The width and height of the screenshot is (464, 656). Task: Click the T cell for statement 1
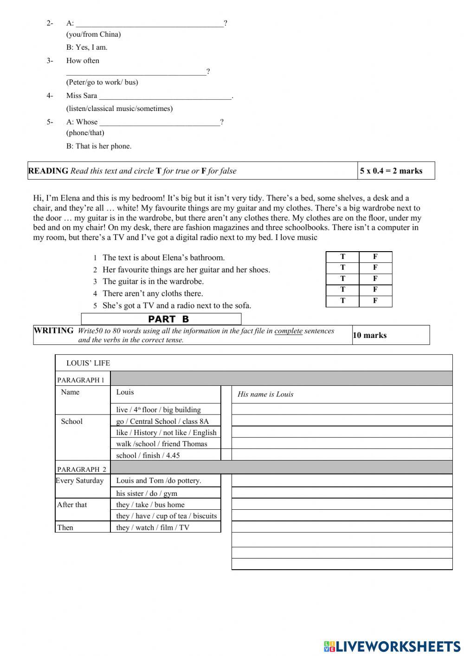(x=342, y=256)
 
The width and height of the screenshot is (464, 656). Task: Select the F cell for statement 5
(x=375, y=301)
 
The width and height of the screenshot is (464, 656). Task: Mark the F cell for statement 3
(x=375, y=279)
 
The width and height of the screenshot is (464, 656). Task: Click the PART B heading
(x=161, y=319)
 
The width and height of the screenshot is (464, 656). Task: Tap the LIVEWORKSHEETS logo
(x=392, y=646)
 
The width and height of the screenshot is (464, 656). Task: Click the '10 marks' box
(x=391, y=335)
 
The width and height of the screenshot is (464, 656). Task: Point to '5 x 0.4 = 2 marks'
(x=391, y=171)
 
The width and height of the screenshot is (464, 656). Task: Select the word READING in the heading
(x=48, y=171)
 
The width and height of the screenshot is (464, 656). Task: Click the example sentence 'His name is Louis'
(x=265, y=394)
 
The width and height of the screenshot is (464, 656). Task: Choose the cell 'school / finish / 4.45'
(x=148, y=455)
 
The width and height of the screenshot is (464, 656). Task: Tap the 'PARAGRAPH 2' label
(x=82, y=469)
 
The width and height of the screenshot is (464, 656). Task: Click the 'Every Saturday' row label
(x=80, y=481)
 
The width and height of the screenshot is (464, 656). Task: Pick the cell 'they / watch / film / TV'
(x=153, y=527)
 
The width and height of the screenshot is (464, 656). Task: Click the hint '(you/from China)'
(x=93, y=34)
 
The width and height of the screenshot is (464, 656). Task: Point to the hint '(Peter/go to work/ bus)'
(x=102, y=82)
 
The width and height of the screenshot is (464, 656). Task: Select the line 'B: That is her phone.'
(x=99, y=146)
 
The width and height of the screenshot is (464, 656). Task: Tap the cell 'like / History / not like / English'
(x=166, y=432)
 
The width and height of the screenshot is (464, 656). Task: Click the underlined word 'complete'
(x=288, y=331)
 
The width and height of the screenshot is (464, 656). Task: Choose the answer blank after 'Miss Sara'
(x=165, y=96)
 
